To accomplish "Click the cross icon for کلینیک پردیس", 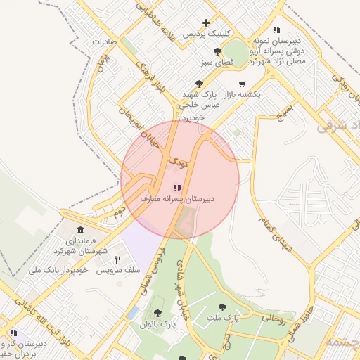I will point(205,23).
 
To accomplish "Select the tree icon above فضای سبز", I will point(218,51).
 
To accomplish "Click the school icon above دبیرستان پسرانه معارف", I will point(177,188).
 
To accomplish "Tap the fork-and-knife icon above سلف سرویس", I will point(117,259).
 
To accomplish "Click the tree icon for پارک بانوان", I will point(157,314).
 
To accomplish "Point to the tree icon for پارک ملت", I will point(223,307).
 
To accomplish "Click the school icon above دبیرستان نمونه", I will point(277,30).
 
